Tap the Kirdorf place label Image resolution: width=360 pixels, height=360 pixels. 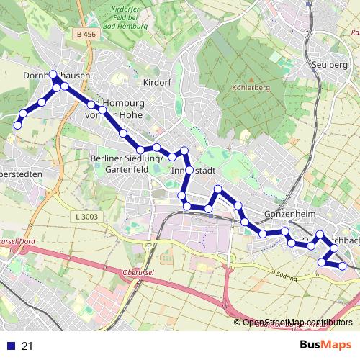click(156, 83)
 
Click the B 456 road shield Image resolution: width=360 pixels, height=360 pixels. click(84, 33)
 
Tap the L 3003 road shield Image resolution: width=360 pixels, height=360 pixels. click(86, 216)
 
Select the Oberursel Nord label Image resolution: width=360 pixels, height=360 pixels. click(17, 241)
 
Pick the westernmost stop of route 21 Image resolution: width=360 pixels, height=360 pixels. click(17, 125)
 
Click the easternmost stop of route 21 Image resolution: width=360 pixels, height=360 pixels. click(343, 266)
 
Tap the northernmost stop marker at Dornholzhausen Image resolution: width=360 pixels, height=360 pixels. click(53, 74)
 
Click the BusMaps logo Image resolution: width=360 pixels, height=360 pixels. click(325, 345)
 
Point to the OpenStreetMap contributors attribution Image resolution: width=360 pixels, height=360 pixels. click(299, 323)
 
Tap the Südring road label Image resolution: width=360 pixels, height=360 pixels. click(287, 276)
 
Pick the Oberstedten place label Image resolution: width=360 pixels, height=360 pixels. click(20, 174)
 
